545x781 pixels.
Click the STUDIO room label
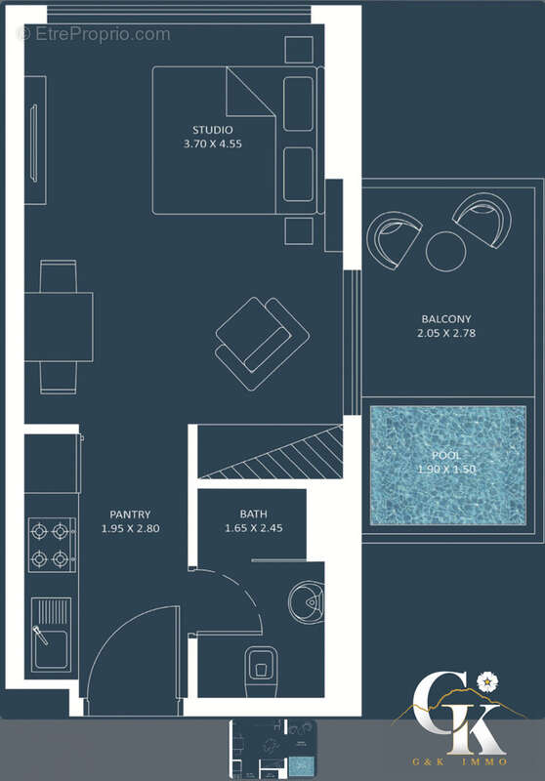(212, 129)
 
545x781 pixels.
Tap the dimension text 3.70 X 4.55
(212, 144)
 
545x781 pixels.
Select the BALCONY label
(446, 318)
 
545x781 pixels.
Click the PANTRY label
(130, 514)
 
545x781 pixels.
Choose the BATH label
(253, 514)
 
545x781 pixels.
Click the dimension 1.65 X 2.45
(253, 529)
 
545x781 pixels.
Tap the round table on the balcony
(446, 251)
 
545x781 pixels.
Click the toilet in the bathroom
(260, 664)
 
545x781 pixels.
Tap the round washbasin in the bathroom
(310, 604)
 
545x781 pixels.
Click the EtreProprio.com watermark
(94, 34)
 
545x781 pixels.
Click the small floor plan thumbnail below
(272, 749)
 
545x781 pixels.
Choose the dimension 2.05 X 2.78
(446, 333)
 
